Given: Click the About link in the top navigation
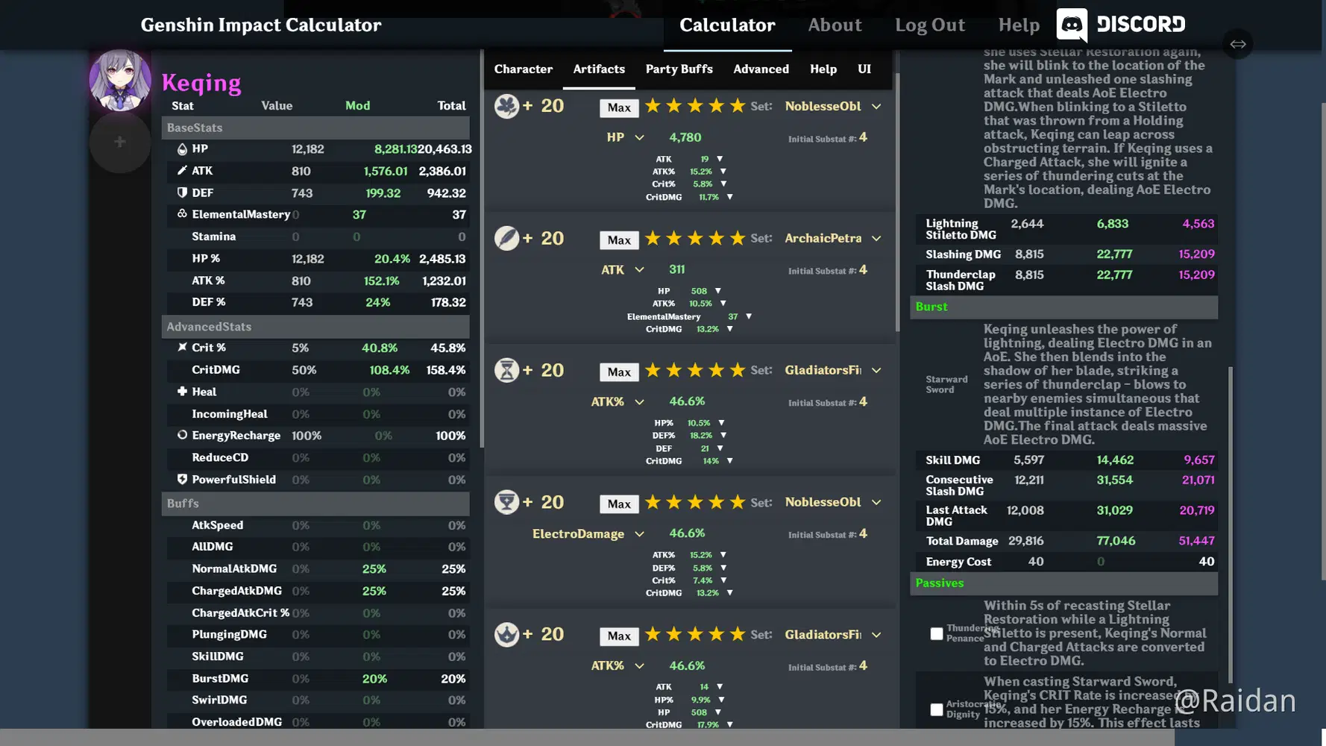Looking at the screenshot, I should click(x=835, y=25).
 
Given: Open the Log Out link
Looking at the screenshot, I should click(x=929, y=25).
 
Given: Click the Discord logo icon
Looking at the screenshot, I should click(x=1072, y=25).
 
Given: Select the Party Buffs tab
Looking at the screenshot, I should click(x=679, y=69).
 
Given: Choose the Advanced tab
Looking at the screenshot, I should click(x=761, y=69).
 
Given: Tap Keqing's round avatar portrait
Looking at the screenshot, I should click(x=119, y=80).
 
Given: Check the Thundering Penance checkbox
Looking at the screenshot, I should click(x=937, y=634).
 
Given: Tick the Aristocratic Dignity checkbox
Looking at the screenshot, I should click(x=937, y=709).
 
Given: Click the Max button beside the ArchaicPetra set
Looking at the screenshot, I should click(x=619, y=240).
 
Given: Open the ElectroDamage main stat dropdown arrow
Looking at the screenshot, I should click(x=639, y=534).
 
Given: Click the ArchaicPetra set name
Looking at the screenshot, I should click(x=823, y=239).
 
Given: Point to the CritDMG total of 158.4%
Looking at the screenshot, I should click(x=445, y=370).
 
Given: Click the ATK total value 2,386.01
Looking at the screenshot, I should click(x=442, y=171).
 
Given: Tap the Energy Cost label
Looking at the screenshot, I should click(x=958, y=562).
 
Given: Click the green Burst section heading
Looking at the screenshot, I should click(x=931, y=307).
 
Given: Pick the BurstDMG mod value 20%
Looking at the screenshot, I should click(x=374, y=679).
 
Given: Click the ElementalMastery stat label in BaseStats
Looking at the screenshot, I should click(x=240, y=215).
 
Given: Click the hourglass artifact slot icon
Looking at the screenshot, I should click(x=506, y=370).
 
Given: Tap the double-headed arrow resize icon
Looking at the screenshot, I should click(x=1238, y=44).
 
